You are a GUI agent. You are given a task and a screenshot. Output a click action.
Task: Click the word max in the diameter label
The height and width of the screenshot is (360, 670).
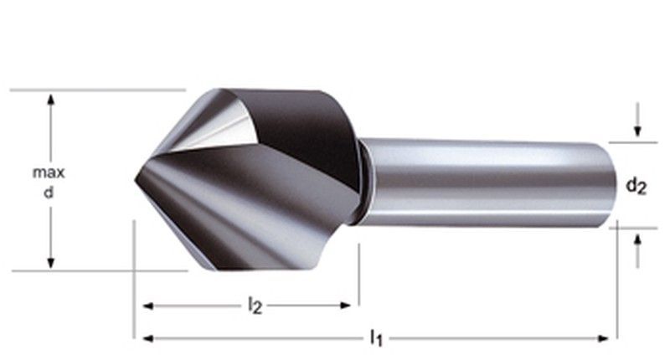[49, 172]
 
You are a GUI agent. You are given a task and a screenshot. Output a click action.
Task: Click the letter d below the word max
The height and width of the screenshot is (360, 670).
[49, 192]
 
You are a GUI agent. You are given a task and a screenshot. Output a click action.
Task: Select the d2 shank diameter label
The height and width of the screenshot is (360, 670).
[636, 186]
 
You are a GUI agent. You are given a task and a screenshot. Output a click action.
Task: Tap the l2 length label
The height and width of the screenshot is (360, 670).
[255, 306]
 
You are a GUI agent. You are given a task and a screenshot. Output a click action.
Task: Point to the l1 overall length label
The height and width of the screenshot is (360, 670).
[376, 338]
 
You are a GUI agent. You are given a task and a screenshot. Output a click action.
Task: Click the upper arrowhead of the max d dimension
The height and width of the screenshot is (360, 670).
[51, 100]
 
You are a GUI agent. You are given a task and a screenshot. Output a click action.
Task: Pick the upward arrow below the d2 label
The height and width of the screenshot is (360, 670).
[638, 239]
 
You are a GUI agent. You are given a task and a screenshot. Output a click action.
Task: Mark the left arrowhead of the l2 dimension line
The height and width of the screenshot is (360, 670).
[147, 306]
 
